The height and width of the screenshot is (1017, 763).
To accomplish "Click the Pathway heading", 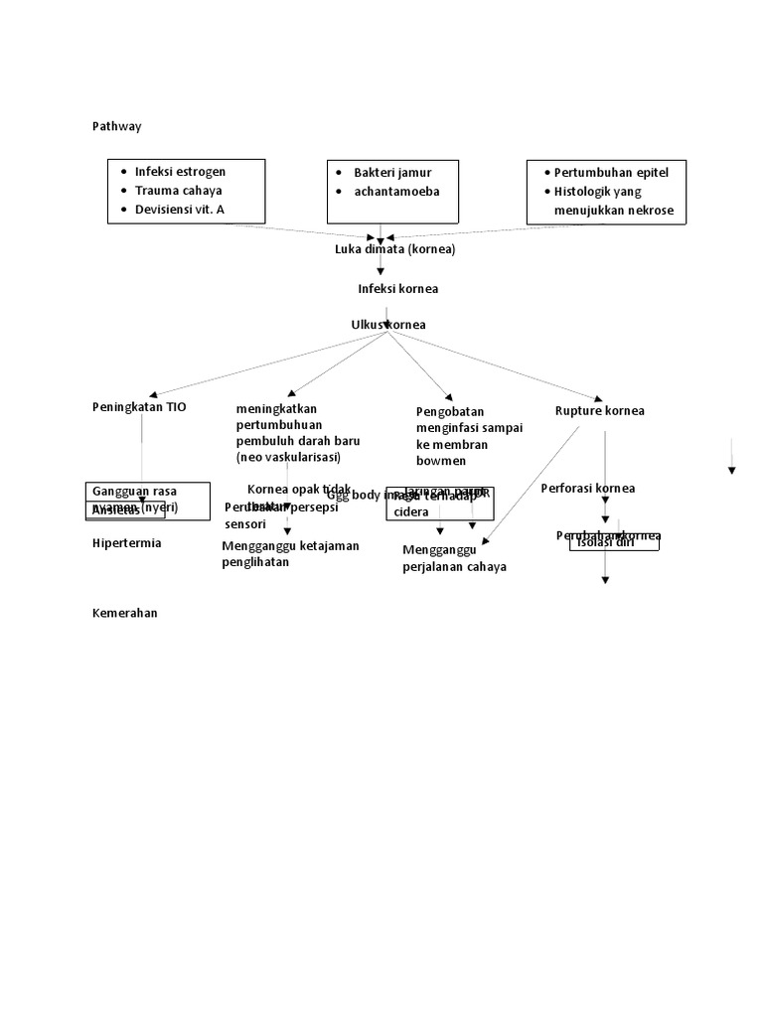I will (x=116, y=126).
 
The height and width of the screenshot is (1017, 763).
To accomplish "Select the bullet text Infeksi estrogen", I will (x=180, y=171).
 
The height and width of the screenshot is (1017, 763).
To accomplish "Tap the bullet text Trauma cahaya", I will (x=178, y=190).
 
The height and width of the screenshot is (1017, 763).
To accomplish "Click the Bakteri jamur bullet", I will (x=392, y=172).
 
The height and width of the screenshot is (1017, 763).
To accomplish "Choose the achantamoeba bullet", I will (x=396, y=191).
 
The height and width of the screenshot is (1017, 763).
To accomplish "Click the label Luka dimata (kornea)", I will (x=394, y=249).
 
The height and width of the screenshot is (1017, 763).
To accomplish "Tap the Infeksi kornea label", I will (x=397, y=288).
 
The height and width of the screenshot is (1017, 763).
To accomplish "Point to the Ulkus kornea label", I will (x=389, y=325).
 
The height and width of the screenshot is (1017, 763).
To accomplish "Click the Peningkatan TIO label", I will (x=138, y=407).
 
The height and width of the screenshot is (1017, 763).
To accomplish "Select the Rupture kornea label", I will (x=599, y=410).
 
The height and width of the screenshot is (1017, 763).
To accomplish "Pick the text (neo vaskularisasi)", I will (x=288, y=457).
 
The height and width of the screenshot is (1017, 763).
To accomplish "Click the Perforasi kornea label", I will (x=587, y=488).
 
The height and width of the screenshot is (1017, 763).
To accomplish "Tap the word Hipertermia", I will (x=126, y=543).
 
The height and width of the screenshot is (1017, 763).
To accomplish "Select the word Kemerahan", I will (x=124, y=613).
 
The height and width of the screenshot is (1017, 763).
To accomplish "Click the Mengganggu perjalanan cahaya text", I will (x=454, y=558).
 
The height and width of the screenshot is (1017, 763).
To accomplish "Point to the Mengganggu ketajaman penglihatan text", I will (x=290, y=553).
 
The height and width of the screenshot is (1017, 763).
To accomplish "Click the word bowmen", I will (x=441, y=461).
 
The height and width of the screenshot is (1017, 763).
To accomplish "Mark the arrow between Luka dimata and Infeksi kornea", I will (x=381, y=266).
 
